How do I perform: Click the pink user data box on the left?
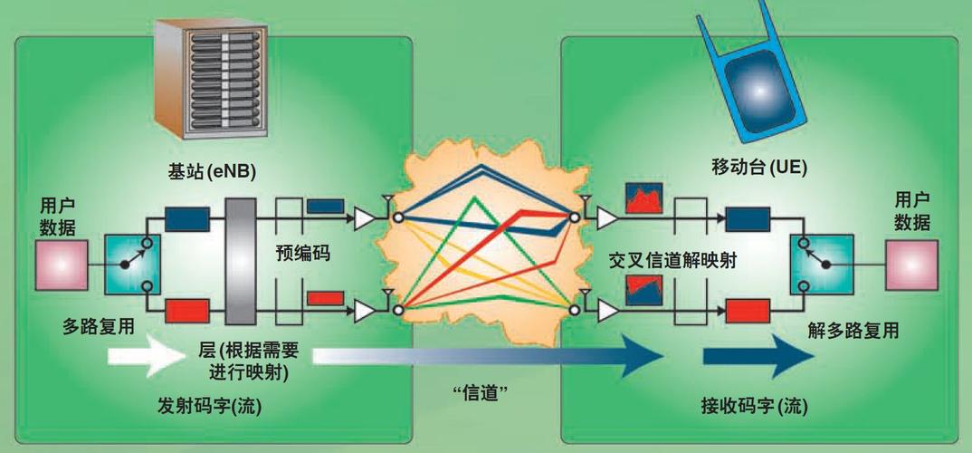pos(62,265)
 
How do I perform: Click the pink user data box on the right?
pos(912,265)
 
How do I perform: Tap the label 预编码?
pos(302,255)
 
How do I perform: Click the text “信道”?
pos(477,392)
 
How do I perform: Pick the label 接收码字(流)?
pos(751,405)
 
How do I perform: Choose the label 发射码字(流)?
pos(209,406)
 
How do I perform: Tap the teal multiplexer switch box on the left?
pos(133,264)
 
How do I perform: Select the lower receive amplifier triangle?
pos(607,311)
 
